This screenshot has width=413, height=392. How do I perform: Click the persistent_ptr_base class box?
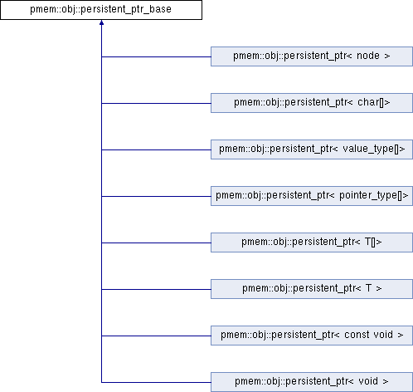pos(101,10)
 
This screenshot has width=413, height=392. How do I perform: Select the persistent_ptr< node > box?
pos(312,56)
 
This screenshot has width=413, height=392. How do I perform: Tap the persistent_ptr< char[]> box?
pos(312,103)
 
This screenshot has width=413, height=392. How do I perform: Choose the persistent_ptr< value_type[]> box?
pos(312,149)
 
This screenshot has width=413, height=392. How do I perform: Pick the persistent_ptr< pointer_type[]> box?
pos(312,196)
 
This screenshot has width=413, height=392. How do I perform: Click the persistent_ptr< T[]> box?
pos(312,243)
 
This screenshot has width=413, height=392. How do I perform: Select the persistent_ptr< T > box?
pos(312,289)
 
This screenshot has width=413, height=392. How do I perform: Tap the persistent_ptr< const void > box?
pos(312,336)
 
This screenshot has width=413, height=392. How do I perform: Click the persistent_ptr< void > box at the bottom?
pos(312,382)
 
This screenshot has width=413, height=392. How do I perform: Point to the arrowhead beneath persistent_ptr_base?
pos(101,22)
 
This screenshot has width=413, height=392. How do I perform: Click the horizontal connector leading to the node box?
pos(156,56)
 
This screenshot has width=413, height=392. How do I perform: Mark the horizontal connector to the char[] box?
pos(156,103)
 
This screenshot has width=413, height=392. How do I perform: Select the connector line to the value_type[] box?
pos(156,149)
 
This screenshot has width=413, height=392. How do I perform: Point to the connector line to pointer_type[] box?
pos(156,196)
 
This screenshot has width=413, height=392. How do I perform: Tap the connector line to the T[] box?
pos(156,243)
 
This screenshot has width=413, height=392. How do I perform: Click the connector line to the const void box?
pos(156,336)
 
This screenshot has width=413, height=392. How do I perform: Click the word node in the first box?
pos(368,56)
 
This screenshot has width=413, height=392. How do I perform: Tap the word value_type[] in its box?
pos(372,149)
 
